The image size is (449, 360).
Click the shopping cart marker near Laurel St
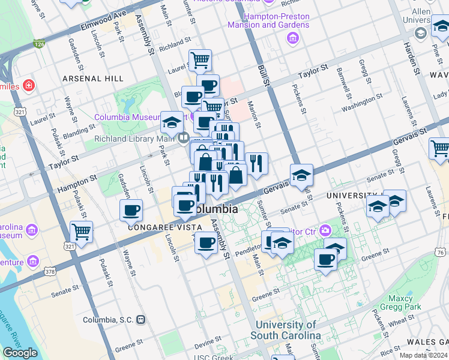[200, 60]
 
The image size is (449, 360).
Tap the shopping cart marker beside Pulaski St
[81, 232]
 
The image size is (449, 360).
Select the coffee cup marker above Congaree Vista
[131, 211]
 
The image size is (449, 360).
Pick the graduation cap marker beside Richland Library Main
[172, 123]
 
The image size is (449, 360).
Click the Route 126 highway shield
[40, 44]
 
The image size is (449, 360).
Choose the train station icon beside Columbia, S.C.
[140, 320]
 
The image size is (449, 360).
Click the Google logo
[20, 353]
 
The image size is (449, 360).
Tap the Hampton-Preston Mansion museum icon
[293, 38]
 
